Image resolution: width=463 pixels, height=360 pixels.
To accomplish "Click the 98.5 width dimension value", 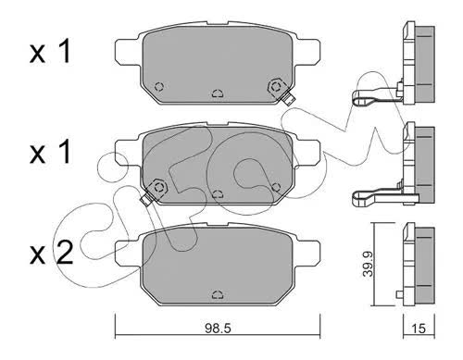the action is (218, 329).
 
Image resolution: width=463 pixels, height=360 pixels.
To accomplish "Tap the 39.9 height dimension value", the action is (369, 264).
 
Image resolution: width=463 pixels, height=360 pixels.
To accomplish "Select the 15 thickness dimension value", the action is (419, 329).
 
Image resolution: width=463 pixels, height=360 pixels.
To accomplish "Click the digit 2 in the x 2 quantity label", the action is (64, 253).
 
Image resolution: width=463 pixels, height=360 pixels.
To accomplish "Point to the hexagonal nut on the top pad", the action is (276, 86).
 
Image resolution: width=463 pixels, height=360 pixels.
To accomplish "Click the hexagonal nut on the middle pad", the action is (159, 187).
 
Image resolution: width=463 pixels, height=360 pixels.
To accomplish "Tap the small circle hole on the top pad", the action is (159, 87).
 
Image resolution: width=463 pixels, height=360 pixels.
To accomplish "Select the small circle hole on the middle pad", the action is (276, 187).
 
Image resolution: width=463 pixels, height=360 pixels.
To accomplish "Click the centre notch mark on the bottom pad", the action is (218, 294).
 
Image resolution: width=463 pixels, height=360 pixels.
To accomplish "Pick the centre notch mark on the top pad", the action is (218, 93).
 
